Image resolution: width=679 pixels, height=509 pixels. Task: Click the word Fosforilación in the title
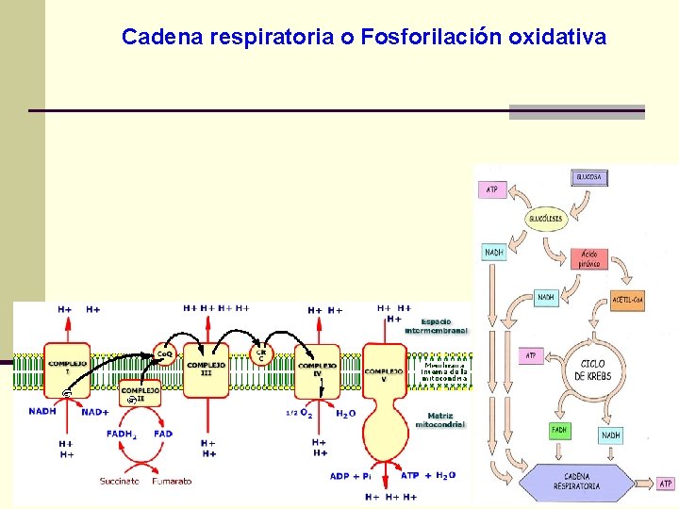430,38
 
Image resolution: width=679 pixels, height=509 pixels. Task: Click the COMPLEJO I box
67,367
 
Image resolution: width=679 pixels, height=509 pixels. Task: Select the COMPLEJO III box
206,369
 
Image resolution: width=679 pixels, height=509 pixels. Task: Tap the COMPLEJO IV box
317,369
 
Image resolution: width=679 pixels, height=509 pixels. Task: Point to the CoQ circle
164,353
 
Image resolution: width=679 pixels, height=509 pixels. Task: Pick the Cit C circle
262,355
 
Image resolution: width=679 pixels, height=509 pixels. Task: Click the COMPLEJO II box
139,393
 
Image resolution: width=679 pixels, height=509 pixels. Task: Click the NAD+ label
94,412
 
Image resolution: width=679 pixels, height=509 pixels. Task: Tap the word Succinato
120,481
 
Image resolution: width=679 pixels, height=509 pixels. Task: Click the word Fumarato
171,481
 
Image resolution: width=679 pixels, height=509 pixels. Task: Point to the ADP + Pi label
351,476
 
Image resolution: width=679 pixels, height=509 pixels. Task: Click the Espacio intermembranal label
436,326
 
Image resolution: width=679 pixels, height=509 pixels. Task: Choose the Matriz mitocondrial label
439,419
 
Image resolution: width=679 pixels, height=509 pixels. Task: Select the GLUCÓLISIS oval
545,219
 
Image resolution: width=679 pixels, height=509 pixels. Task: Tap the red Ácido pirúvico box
590,258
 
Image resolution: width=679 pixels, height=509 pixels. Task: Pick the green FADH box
560,431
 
